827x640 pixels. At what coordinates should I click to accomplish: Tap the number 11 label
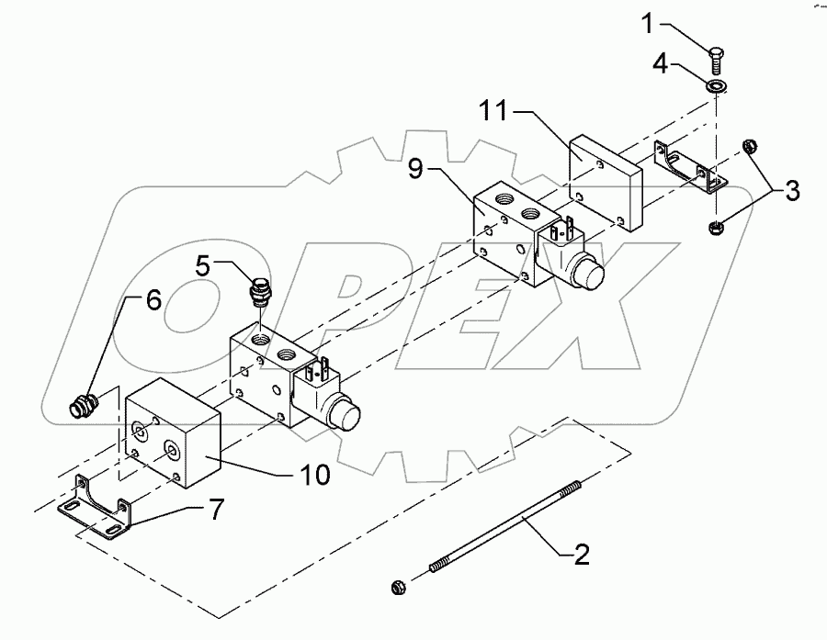tap(493, 113)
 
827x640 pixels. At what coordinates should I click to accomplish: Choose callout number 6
tap(153, 300)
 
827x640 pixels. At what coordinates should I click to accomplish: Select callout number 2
tap(582, 554)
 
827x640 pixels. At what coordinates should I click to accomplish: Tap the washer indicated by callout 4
tap(716, 85)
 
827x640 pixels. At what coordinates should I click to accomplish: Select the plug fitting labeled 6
tap(84, 405)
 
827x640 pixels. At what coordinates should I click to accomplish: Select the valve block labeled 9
tap(501, 234)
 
